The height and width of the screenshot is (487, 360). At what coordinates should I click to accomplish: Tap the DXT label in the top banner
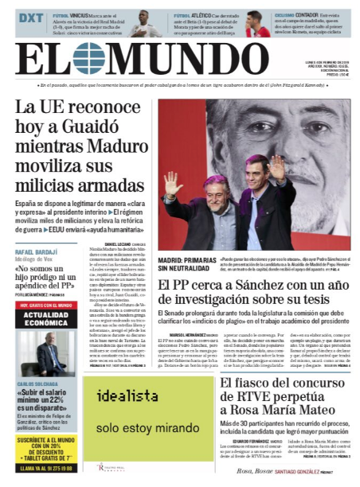(31, 18)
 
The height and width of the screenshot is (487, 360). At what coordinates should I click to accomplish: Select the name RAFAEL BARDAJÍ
(41, 252)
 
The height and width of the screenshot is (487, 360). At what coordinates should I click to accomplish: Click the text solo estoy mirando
(135, 427)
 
